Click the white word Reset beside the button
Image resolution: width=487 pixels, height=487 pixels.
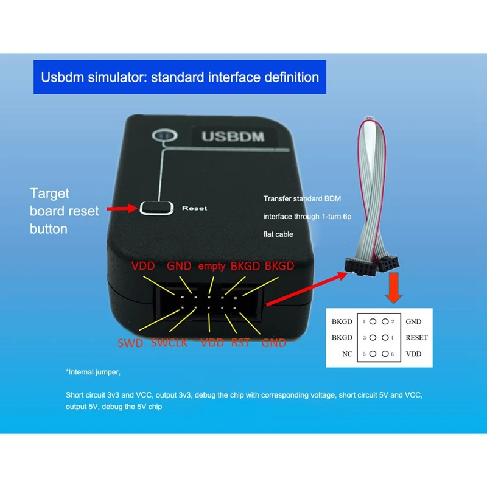(194, 208)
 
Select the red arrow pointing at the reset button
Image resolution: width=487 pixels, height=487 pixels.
(121, 209)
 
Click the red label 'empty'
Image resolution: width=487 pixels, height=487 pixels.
(211, 265)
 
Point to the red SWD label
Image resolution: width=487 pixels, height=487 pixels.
(130, 343)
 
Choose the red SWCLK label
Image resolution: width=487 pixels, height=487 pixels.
(170, 343)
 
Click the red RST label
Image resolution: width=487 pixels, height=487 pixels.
(240, 343)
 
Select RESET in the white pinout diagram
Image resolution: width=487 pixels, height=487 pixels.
(416, 337)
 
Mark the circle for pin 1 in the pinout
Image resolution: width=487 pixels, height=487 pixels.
(372, 321)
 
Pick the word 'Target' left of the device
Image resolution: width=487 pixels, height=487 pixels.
(49, 194)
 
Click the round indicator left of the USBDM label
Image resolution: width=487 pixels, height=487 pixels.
(163, 135)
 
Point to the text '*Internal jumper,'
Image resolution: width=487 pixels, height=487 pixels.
(98, 371)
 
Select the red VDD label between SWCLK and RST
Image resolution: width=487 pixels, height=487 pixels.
(212, 343)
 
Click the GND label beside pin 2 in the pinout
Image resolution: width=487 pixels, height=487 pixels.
(413, 321)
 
